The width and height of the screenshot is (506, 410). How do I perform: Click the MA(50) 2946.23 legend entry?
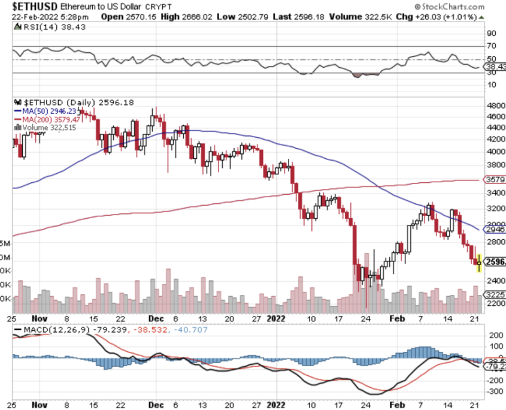(x=50, y=111)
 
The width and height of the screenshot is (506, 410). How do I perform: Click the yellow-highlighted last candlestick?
(x=478, y=261)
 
